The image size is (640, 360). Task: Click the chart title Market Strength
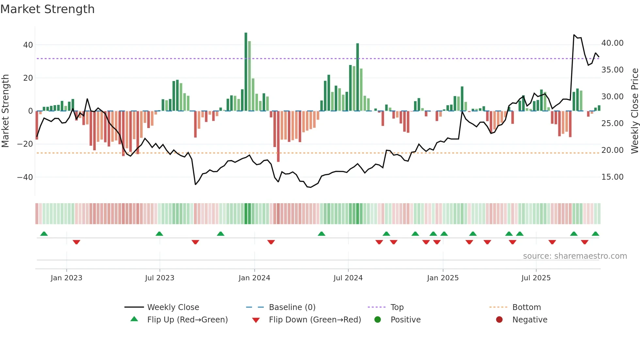tap(47, 9)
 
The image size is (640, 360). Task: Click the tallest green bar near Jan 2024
tap(246, 72)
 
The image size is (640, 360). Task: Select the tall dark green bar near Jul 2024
tap(358, 77)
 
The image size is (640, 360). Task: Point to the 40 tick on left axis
tap(28, 45)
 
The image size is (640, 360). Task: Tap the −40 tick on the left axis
tap(25, 177)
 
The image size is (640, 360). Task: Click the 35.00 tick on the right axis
tap(612, 70)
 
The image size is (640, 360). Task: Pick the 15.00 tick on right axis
tap(612, 177)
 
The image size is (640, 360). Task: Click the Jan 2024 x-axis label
tap(254, 278)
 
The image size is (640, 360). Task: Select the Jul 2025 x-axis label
tap(536, 278)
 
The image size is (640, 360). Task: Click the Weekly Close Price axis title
tap(634, 111)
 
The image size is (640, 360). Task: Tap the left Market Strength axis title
tap(5, 111)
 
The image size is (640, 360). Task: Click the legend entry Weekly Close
tap(173, 307)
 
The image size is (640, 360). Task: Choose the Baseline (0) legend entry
tap(292, 307)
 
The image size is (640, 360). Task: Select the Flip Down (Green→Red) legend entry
tap(314, 320)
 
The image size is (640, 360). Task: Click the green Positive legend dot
tap(377, 320)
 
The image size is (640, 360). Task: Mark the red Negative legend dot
tap(499, 320)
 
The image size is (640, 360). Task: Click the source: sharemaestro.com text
tap(575, 256)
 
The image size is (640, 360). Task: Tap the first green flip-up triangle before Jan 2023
tap(44, 234)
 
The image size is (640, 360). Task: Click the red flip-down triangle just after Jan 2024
tap(271, 242)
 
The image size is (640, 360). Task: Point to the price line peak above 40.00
tap(574, 35)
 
